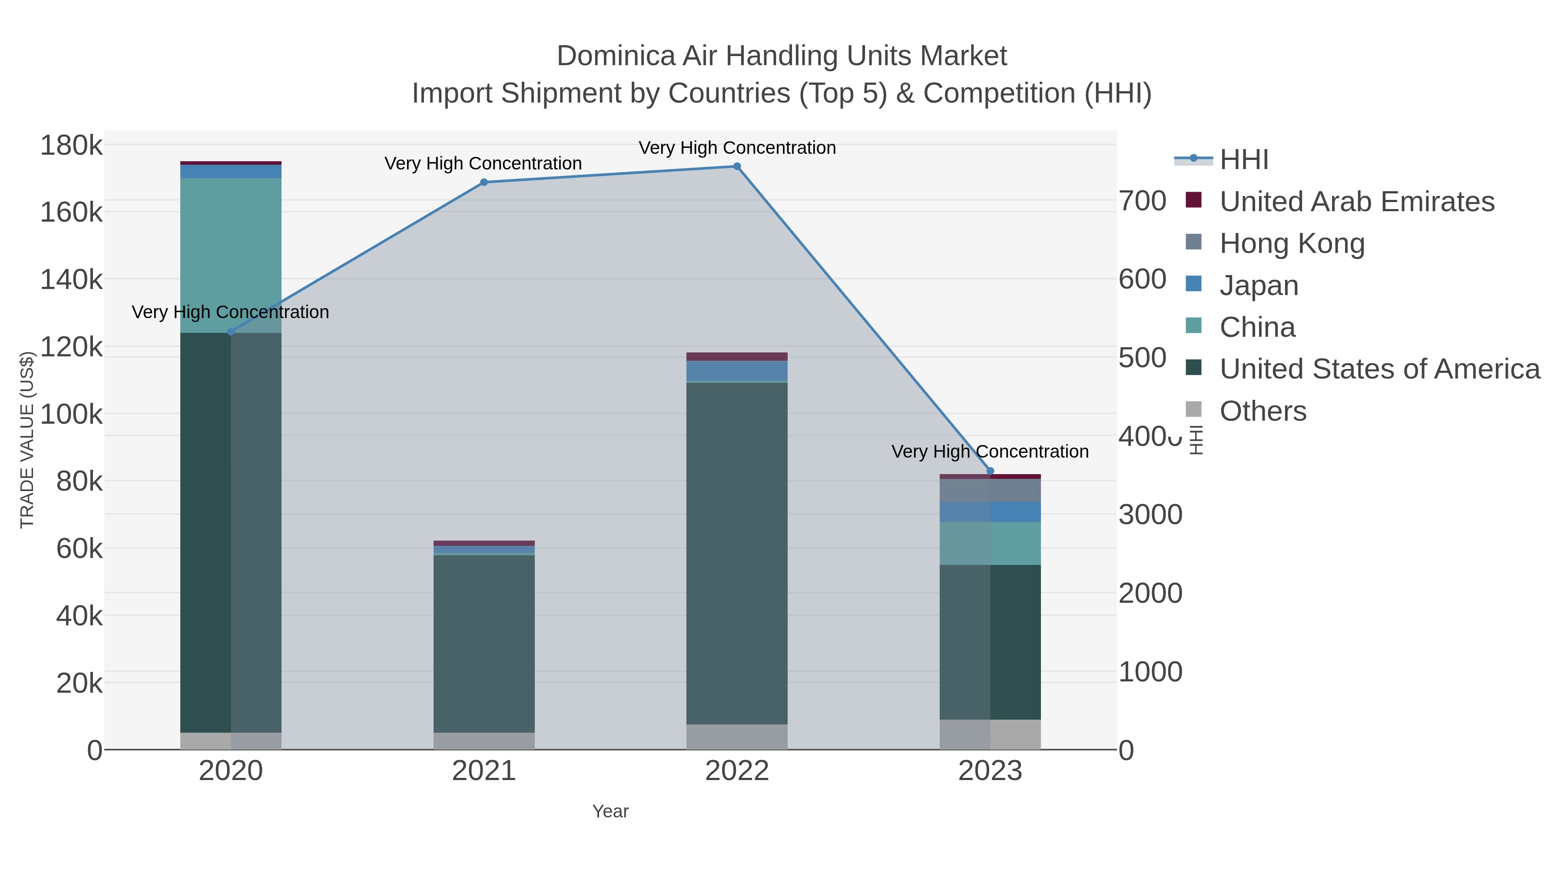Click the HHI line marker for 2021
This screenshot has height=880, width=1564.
coord(484,182)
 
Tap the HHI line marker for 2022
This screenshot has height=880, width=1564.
coord(737,166)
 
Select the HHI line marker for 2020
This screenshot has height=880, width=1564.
coord(231,332)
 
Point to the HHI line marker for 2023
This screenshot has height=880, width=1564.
coord(990,471)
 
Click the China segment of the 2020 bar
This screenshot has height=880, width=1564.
coord(231,255)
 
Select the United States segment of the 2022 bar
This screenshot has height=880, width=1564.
coord(737,553)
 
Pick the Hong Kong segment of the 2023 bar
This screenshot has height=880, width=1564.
coord(990,491)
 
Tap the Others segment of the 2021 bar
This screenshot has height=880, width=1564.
coord(484,741)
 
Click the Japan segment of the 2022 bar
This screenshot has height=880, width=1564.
coord(737,370)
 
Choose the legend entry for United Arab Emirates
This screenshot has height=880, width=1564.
coord(1356,201)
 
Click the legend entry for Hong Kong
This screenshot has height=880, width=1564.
coord(1292,243)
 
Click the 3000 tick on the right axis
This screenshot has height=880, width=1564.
coord(1150,515)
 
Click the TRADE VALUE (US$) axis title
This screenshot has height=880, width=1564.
coord(27,440)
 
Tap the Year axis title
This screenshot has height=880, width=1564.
coord(610,811)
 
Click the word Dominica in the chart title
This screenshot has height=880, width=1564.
coord(616,56)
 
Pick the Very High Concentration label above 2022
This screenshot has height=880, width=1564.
coord(737,148)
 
